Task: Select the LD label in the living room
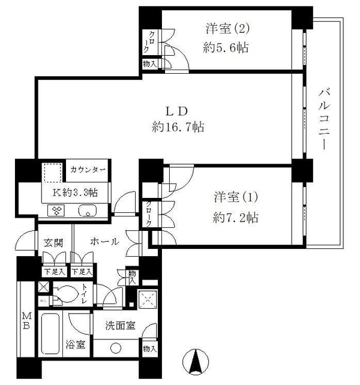coord(178,110)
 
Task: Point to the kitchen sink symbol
coord(88,210)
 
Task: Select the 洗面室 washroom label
coord(120,326)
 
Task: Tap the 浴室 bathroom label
coord(75,345)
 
